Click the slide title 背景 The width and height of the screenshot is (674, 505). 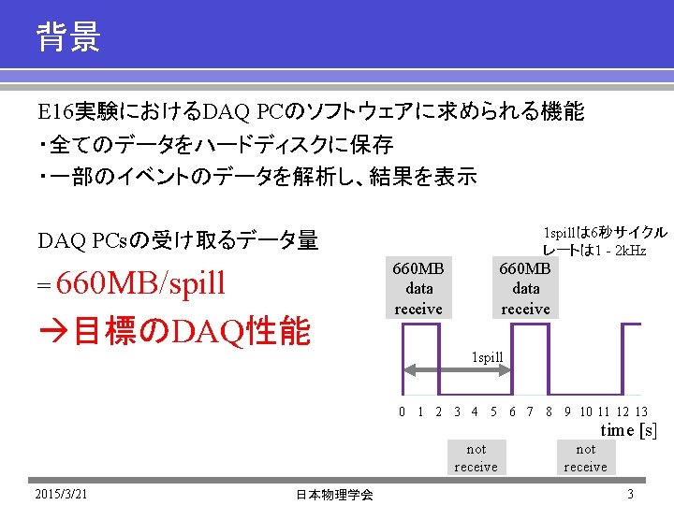(x=68, y=38)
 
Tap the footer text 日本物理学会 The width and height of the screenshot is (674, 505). (x=334, y=494)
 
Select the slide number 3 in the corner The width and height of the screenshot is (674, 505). (x=631, y=493)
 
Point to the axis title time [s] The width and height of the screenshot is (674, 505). (x=628, y=430)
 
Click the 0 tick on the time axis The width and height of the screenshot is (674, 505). (x=402, y=411)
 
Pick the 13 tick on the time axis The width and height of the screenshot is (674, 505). (x=640, y=411)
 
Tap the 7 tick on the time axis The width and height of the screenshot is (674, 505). (x=531, y=411)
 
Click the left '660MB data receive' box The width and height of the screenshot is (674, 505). (x=418, y=288)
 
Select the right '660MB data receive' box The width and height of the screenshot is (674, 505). (x=525, y=288)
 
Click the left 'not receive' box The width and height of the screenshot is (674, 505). (x=476, y=457)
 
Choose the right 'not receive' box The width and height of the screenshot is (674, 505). (x=585, y=457)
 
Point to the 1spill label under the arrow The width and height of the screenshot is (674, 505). (x=487, y=357)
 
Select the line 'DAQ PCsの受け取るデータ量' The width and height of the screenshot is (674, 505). (x=178, y=240)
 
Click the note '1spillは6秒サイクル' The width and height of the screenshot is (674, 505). (x=605, y=232)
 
